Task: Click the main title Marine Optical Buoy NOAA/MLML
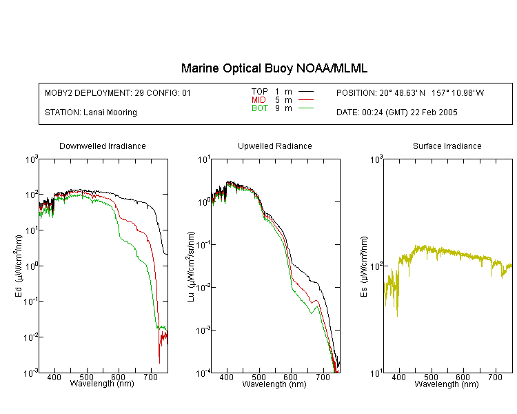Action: (274, 68)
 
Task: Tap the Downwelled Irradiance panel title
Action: (103, 146)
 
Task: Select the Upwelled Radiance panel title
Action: (275, 146)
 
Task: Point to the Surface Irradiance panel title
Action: (447, 146)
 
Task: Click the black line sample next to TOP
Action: (306, 92)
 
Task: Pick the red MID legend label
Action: (258, 99)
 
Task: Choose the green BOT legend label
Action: (260, 108)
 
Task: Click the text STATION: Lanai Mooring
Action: (91, 112)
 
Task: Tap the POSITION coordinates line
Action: (410, 92)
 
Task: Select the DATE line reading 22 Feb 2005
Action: (397, 112)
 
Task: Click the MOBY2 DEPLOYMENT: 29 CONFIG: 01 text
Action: (118, 92)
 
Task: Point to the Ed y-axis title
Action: (19, 266)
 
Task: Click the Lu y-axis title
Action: (191, 266)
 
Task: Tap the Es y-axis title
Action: (364, 266)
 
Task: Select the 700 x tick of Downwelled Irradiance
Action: (151, 377)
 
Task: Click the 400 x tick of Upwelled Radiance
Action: (227, 377)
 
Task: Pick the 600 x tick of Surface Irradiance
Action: (463, 377)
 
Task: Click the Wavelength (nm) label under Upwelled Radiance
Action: (274, 384)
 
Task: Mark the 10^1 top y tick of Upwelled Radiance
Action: (204, 160)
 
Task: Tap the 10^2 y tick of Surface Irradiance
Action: (376, 266)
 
